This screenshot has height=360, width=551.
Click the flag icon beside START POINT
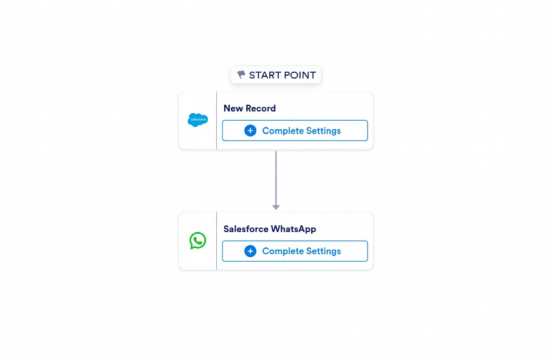(x=241, y=75)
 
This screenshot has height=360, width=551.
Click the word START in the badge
(x=265, y=75)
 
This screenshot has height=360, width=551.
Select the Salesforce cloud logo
(x=198, y=120)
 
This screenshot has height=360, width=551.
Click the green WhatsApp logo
(x=198, y=241)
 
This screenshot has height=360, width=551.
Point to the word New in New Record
(x=233, y=108)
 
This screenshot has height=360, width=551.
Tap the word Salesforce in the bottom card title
(x=246, y=229)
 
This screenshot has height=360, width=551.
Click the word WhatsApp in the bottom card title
(x=294, y=229)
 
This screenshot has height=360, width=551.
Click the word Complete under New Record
(x=283, y=131)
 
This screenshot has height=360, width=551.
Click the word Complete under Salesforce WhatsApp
(x=283, y=251)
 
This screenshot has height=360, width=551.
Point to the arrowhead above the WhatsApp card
(x=276, y=207)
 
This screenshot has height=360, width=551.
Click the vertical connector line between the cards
(x=276, y=179)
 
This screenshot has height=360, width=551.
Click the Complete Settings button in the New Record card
(x=295, y=131)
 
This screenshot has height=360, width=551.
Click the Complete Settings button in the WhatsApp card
(x=295, y=251)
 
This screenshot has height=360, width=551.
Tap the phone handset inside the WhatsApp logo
(x=198, y=240)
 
